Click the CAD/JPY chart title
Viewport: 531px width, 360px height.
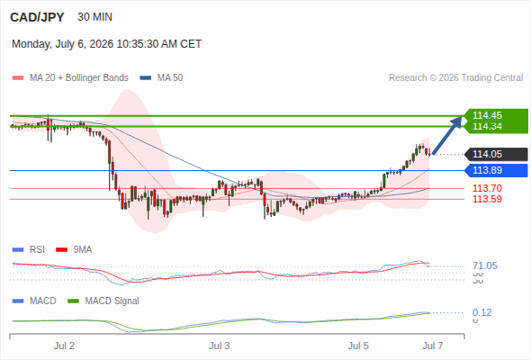click(x=37, y=17)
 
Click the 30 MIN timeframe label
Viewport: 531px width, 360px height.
click(x=94, y=17)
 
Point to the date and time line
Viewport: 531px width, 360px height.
click(x=107, y=44)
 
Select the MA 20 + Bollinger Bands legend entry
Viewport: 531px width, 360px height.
click(x=70, y=78)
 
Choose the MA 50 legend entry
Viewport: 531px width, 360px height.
click(x=161, y=78)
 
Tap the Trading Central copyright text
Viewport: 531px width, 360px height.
click(x=455, y=78)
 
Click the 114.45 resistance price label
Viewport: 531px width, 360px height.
click(x=487, y=115)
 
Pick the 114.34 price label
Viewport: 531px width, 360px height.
click(x=487, y=126)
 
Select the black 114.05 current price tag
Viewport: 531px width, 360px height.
click(x=496, y=154)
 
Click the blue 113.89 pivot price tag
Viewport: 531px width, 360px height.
click(x=496, y=170)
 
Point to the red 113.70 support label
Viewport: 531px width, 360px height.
click(x=487, y=188)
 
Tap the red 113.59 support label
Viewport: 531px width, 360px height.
click(x=487, y=199)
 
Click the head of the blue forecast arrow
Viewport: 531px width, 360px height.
click(x=461, y=117)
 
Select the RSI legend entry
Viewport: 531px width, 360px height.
click(x=29, y=249)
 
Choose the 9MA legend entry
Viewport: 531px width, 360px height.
click(x=74, y=249)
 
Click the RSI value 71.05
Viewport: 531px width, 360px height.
click(x=485, y=265)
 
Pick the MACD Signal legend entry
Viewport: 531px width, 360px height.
click(x=103, y=301)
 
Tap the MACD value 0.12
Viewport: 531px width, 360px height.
click(x=481, y=312)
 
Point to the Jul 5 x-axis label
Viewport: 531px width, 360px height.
click(x=358, y=346)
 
